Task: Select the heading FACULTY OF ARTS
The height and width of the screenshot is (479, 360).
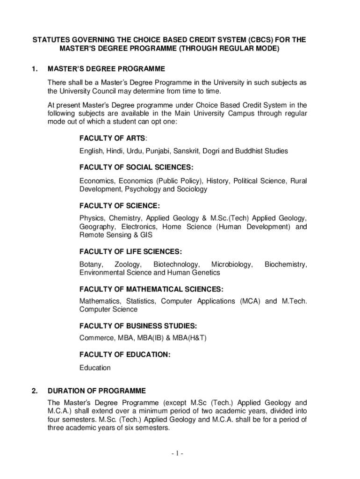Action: point(113,138)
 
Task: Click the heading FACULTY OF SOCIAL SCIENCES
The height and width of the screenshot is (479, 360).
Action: point(136,167)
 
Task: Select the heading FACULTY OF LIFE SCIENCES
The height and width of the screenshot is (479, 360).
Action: point(130,252)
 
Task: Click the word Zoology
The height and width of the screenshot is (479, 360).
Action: point(128,265)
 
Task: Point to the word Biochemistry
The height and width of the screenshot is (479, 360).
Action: point(285,265)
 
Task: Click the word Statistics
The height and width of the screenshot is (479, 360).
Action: point(140,301)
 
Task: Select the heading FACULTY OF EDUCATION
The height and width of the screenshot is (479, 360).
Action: point(125,355)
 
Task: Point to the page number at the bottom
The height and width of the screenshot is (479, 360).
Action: point(180,454)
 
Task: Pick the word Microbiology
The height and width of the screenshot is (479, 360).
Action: point(231,265)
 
